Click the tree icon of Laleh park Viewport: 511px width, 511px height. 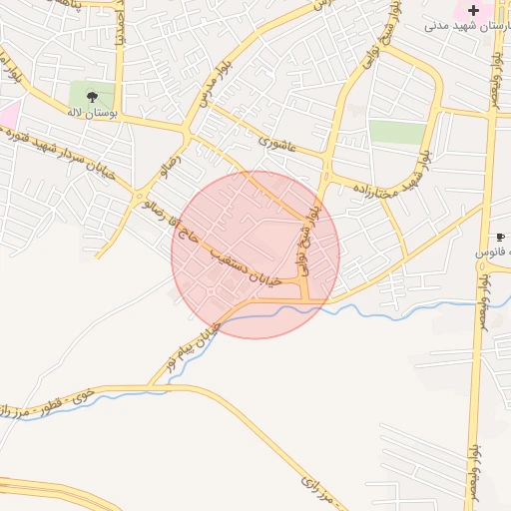click(x=92, y=98)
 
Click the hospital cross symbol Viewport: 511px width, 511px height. click(x=473, y=11)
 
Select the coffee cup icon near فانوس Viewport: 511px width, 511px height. click(x=500, y=237)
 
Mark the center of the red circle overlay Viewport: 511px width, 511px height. click(x=255, y=255)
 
